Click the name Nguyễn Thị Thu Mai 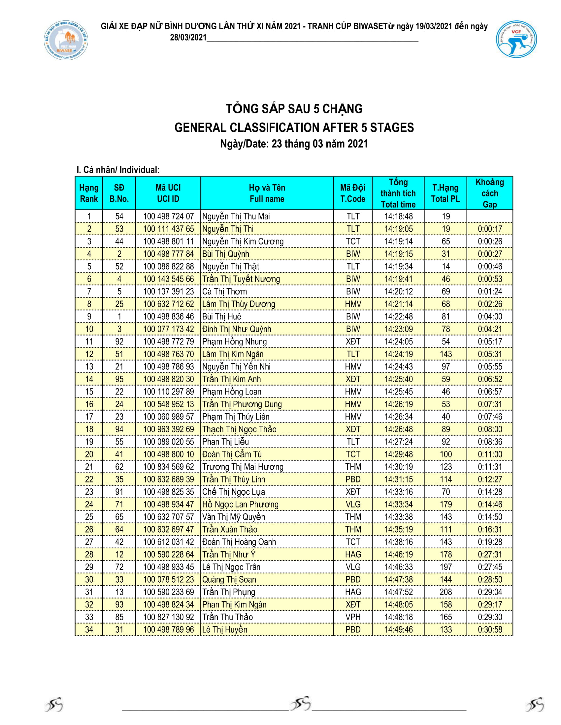pyautogui.click(x=236, y=217)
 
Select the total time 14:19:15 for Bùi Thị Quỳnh pyautogui.click(x=398, y=254)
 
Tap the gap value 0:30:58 pyautogui.click(x=489, y=629)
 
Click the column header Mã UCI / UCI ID pyautogui.click(x=168, y=193)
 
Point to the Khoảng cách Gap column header pyautogui.click(x=489, y=193)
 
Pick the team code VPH pyautogui.click(x=353, y=617)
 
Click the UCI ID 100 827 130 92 pyautogui.click(x=168, y=617)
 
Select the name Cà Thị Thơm pyautogui.click(x=224, y=291)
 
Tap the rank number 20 pyautogui.click(x=89, y=454)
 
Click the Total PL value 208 pyautogui.click(x=445, y=592)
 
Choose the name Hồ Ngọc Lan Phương pyautogui.click(x=240, y=504)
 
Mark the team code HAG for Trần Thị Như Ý pyautogui.click(x=353, y=554)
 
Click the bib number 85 pyautogui.click(x=119, y=617)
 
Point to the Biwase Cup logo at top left pyautogui.click(x=66, y=40)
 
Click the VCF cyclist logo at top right pyautogui.click(x=516, y=39)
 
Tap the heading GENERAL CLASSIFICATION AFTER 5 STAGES pyautogui.click(x=294, y=128)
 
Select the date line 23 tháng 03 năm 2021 pyautogui.click(x=294, y=144)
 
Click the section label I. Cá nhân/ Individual pyautogui.click(x=118, y=170)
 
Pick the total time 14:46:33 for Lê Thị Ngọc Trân pyautogui.click(x=398, y=567)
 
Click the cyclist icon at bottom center pyautogui.click(x=300, y=703)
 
